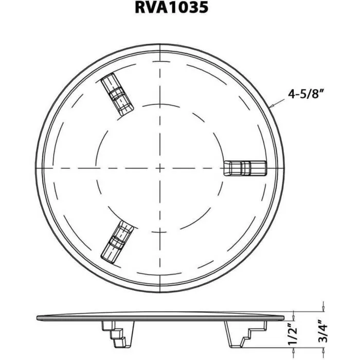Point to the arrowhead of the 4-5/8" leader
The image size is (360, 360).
coord(272,106)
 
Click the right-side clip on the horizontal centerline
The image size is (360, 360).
coord(246,168)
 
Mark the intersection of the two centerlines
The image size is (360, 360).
coord(161,168)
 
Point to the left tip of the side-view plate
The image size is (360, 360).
coord(39,316)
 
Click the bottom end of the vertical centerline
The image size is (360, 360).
coord(161,293)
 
